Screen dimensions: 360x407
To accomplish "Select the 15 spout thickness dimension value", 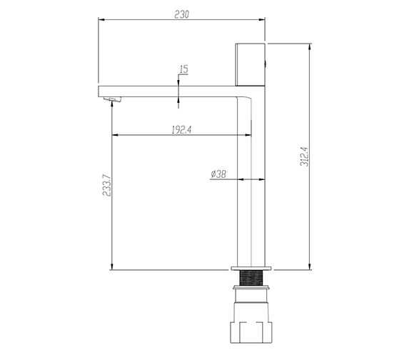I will [x=184, y=69].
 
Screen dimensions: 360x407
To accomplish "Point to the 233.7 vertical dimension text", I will [x=107, y=184].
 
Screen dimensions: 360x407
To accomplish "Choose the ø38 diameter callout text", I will [x=218, y=174].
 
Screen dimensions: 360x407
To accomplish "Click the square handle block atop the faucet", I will [x=249, y=65].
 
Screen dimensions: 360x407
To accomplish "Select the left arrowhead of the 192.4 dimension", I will [x=114, y=135].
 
